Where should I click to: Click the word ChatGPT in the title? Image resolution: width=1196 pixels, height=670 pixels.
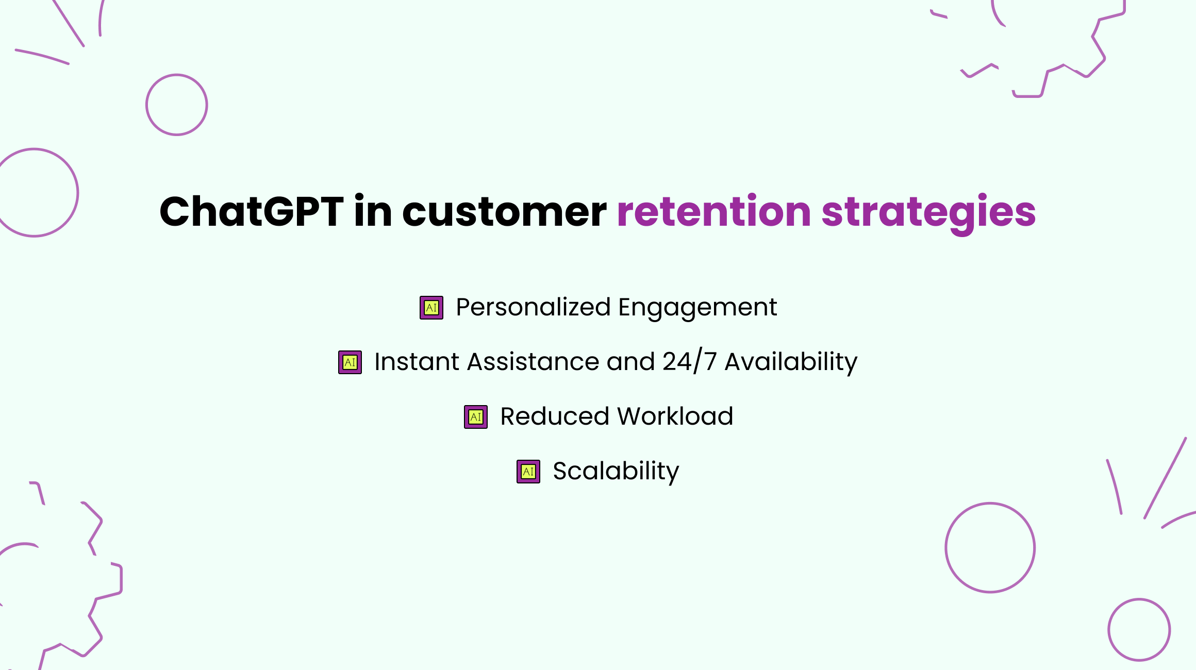[x=252, y=211]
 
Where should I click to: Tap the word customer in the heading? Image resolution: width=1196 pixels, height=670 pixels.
[x=504, y=212]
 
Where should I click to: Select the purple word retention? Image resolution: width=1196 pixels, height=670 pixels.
[x=714, y=211]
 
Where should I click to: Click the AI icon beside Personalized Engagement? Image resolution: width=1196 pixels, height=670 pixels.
[x=431, y=308]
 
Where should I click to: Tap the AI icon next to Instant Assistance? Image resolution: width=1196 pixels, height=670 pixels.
[x=350, y=362]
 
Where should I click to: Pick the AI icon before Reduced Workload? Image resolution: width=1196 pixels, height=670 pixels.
[x=476, y=417]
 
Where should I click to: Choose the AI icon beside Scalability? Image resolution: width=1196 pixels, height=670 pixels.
[x=528, y=472]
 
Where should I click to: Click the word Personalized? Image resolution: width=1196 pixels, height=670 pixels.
[x=534, y=307]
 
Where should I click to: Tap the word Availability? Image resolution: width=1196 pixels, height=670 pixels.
[x=791, y=362]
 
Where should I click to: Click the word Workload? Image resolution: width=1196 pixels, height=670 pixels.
[x=675, y=416]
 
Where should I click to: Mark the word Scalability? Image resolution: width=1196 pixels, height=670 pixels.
[x=616, y=472]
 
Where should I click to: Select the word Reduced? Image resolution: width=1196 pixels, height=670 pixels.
[x=555, y=416]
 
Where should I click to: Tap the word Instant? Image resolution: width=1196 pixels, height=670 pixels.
[x=417, y=361]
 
